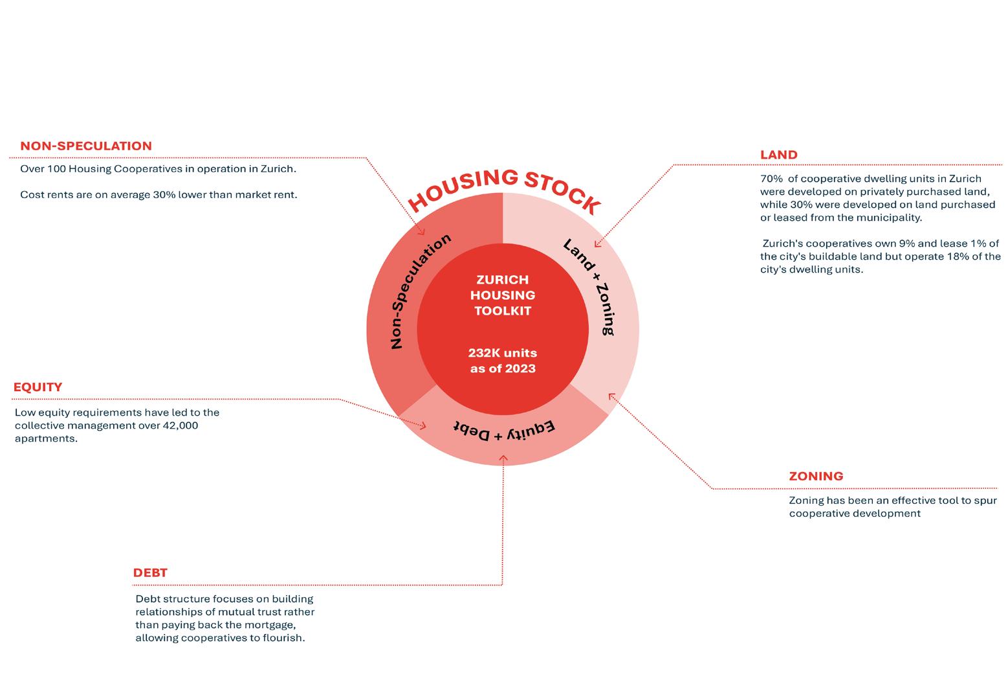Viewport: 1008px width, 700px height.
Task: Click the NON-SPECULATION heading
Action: click(86, 146)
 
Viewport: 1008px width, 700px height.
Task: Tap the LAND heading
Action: click(778, 155)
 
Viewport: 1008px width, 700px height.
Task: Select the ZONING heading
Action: click(816, 476)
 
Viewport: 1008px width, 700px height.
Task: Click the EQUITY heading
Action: click(38, 387)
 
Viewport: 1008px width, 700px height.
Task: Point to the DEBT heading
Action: click(150, 572)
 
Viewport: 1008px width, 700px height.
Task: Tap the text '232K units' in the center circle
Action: click(503, 353)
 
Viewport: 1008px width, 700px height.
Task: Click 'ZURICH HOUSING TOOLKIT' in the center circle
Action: click(503, 295)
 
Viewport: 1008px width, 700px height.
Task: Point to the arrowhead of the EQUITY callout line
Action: click(424, 426)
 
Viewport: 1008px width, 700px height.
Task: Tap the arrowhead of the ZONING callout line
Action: click(611, 395)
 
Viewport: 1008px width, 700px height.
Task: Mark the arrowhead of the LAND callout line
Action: click(597, 245)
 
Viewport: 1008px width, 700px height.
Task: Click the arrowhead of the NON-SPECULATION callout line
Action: click(422, 232)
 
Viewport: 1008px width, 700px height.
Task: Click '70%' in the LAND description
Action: click(771, 179)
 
